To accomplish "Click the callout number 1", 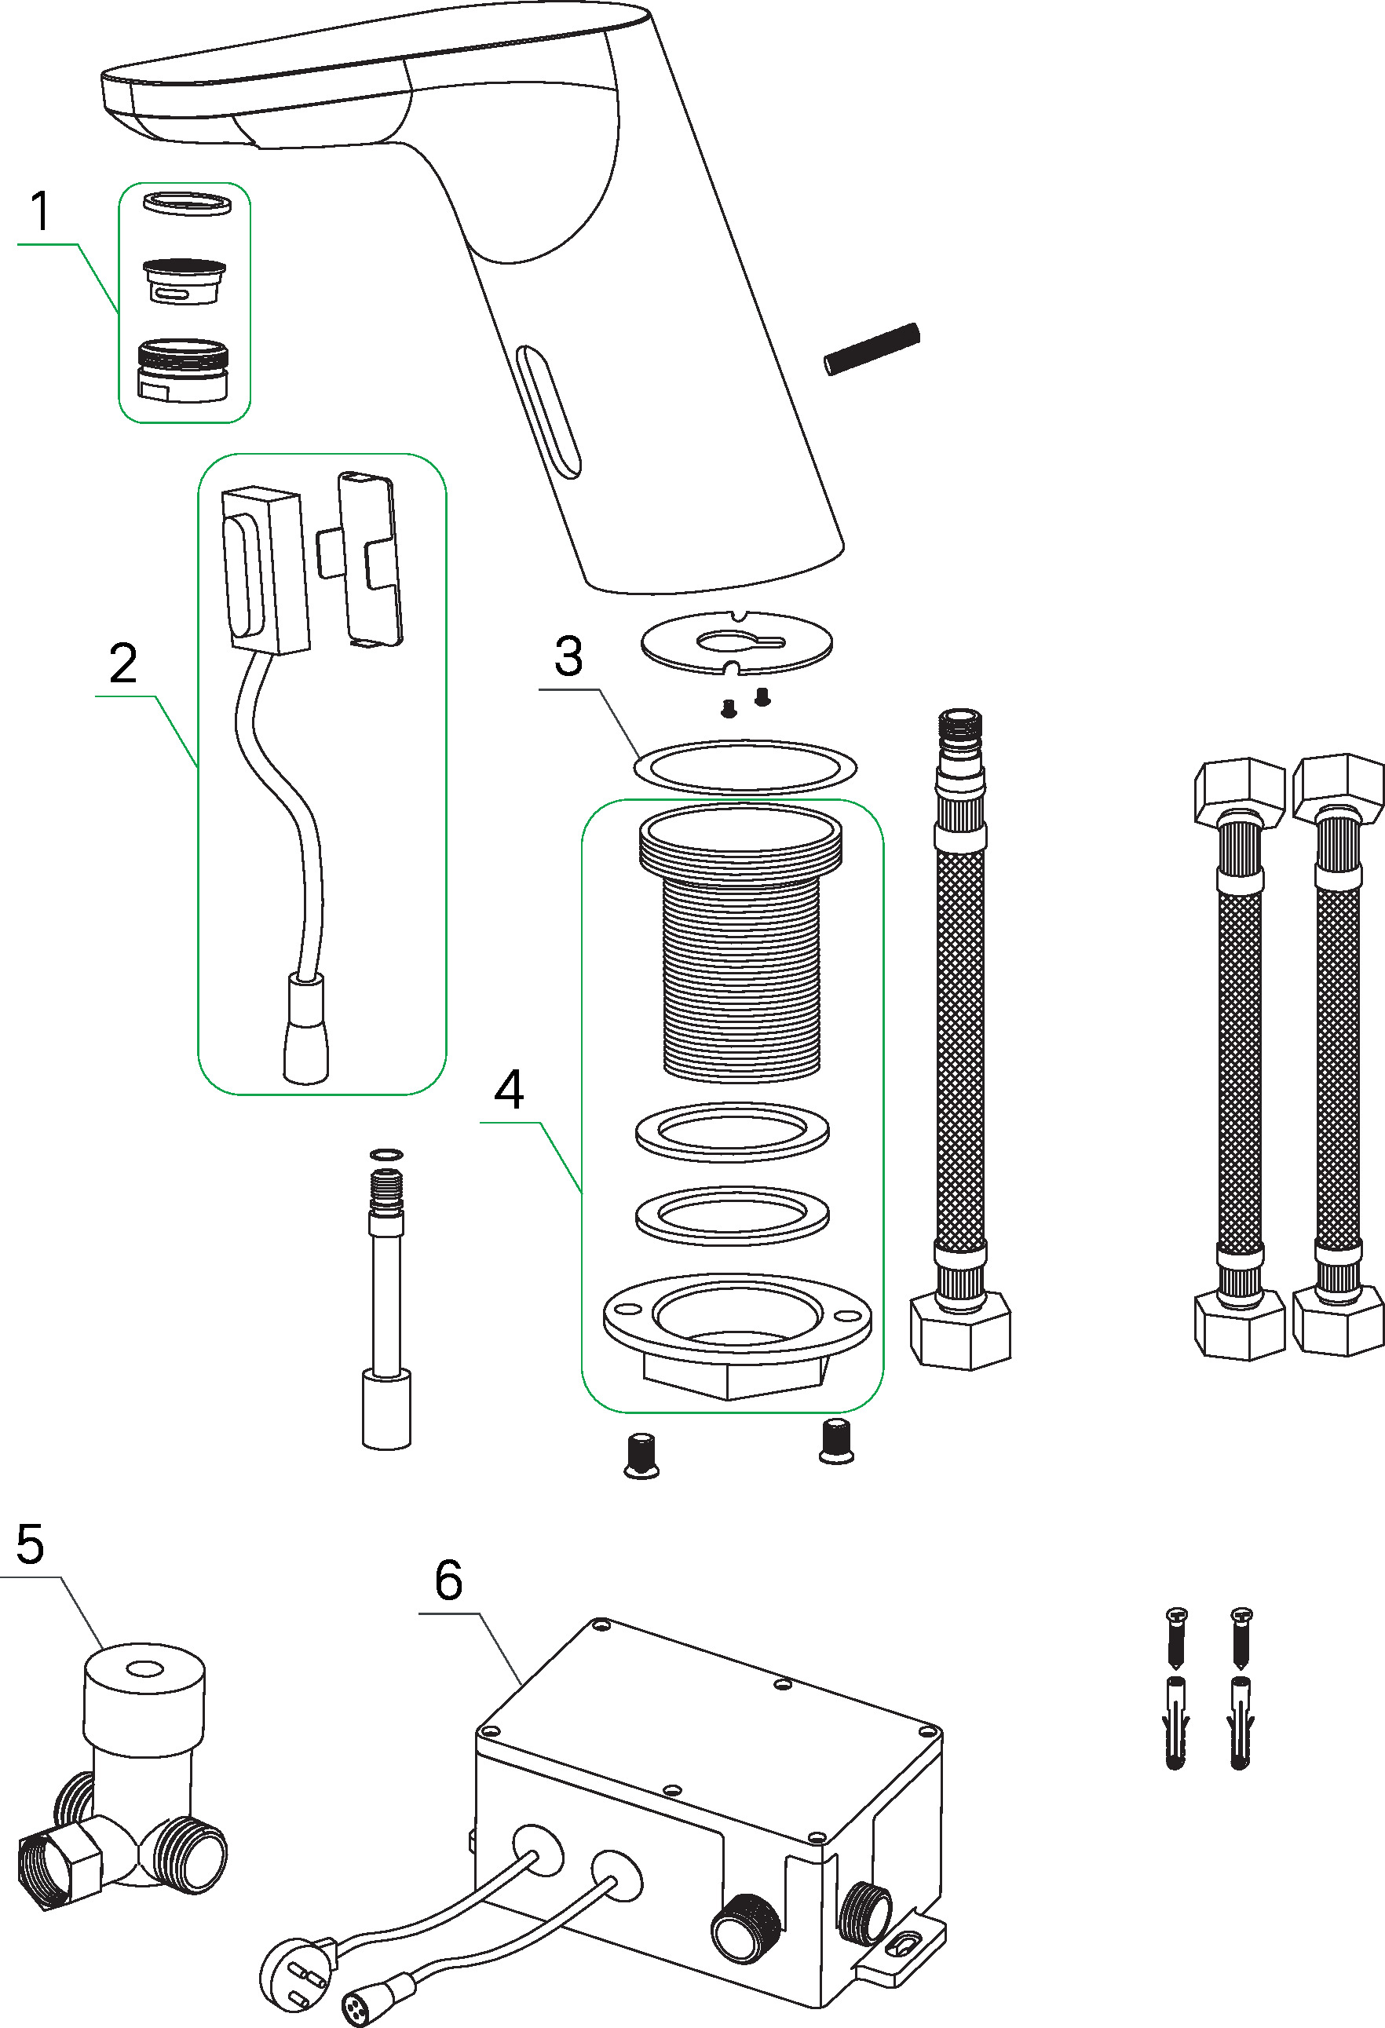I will tap(40, 211).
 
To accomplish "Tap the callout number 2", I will tap(123, 663).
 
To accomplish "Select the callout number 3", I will tap(568, 656).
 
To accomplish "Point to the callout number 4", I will tap(509, 1090).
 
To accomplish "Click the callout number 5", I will tap(30, 1544).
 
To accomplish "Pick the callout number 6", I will tap(448, 1580).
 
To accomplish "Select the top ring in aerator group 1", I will tap(186, 203).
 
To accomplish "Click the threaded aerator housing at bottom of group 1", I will tap(183, 370).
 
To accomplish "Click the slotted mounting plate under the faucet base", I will tap(736, 642).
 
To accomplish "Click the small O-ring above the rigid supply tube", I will tap(386, 1154).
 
